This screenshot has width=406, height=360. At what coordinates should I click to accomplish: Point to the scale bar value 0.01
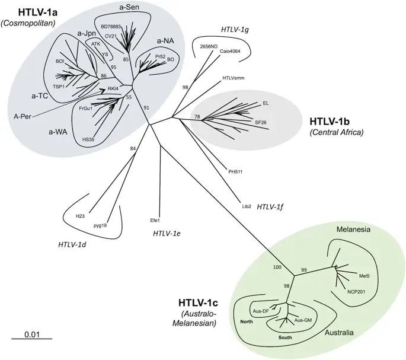click(x=32, y=334)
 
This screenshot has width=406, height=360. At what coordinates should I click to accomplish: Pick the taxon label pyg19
click(x=99, y=226)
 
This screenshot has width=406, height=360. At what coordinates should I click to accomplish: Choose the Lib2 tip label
click(x=247, y=206)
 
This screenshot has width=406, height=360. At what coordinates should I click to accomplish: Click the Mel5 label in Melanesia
click(x=364, y=276)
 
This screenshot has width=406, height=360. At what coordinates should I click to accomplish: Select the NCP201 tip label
click(x=359, y=292)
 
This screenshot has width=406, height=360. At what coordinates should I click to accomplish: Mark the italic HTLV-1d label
click(x=75, y=244)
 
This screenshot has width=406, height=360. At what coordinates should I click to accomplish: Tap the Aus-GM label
click(x=303, y=320)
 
